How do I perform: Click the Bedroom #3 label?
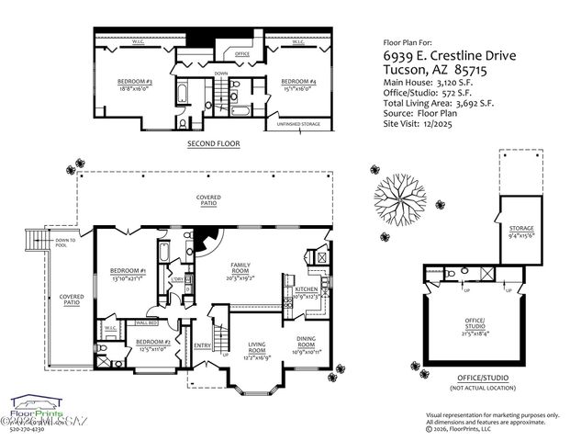click(134, 85)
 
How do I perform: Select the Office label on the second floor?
click(242, 54)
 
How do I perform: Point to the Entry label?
click(202, 346)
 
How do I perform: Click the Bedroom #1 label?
click(128, 274)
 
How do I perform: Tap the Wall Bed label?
click(148, 322)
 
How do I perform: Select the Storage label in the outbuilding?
click(520, 231)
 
